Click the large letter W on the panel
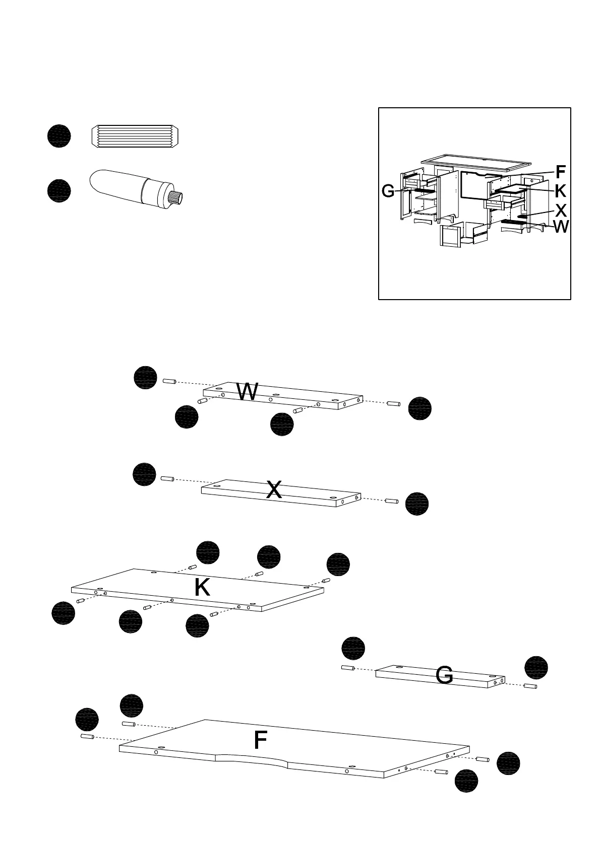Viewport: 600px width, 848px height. pyautogui.click(x=247, y=392)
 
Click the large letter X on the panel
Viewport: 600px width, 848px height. pyautogui.click(x=274, y=489)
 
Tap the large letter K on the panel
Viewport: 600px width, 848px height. pyautogui.click(x=202, y=587)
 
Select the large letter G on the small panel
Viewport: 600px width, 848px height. pyautogui.click(x=444, y=675)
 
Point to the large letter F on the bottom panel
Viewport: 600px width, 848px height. pyautogui.click(x=260, y=740)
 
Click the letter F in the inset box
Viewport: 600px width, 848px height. pyautogui.click(x=560, y=172)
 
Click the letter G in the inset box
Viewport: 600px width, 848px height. pyautogui.click(x=388, y=191)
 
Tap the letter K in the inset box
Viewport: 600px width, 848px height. pyautogui.click(x=560, y=191)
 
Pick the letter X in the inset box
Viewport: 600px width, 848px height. pyautogui.click(x=560, y=210)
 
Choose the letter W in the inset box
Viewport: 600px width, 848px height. pyautogui.click(x=561, y=227)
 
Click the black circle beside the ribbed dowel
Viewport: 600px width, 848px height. pyautogui.click(x=59, y=136)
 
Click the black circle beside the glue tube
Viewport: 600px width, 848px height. pyautogui.click(x=59, y=191)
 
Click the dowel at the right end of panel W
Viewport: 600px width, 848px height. pyautogui.click(x=393, y=403)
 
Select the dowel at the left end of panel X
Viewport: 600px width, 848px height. pyautogui.click(x=167, y=478)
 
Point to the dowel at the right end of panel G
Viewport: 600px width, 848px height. pyautogui.click(x=530, y=686)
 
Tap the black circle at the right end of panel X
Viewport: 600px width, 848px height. pyautogui.click(x=417, y=504)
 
